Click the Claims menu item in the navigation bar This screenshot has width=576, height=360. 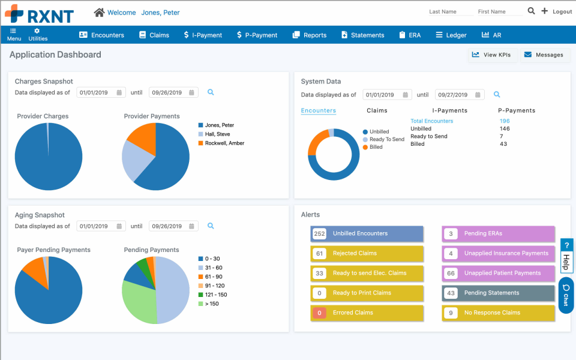[x=154, y=35]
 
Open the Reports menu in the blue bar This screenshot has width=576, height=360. [x=309, y=35]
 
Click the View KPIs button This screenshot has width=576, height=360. [x=491, y=55]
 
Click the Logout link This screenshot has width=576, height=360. [x=562, y=12]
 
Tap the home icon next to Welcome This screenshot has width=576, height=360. [x=99, y=12]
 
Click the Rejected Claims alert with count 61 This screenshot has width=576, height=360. [x=367, y=253]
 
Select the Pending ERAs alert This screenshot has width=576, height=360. [x=498, y=233]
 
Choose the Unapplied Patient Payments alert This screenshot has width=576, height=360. [x=498, y=273]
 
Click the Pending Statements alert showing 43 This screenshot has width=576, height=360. [x=498, y=293]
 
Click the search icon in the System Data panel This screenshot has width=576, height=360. [x=497, y=94]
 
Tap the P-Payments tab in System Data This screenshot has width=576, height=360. [x=517, y=110]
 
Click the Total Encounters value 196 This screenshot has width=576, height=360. [x=505, y=121]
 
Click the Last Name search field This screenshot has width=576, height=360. [x=446, y=12]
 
